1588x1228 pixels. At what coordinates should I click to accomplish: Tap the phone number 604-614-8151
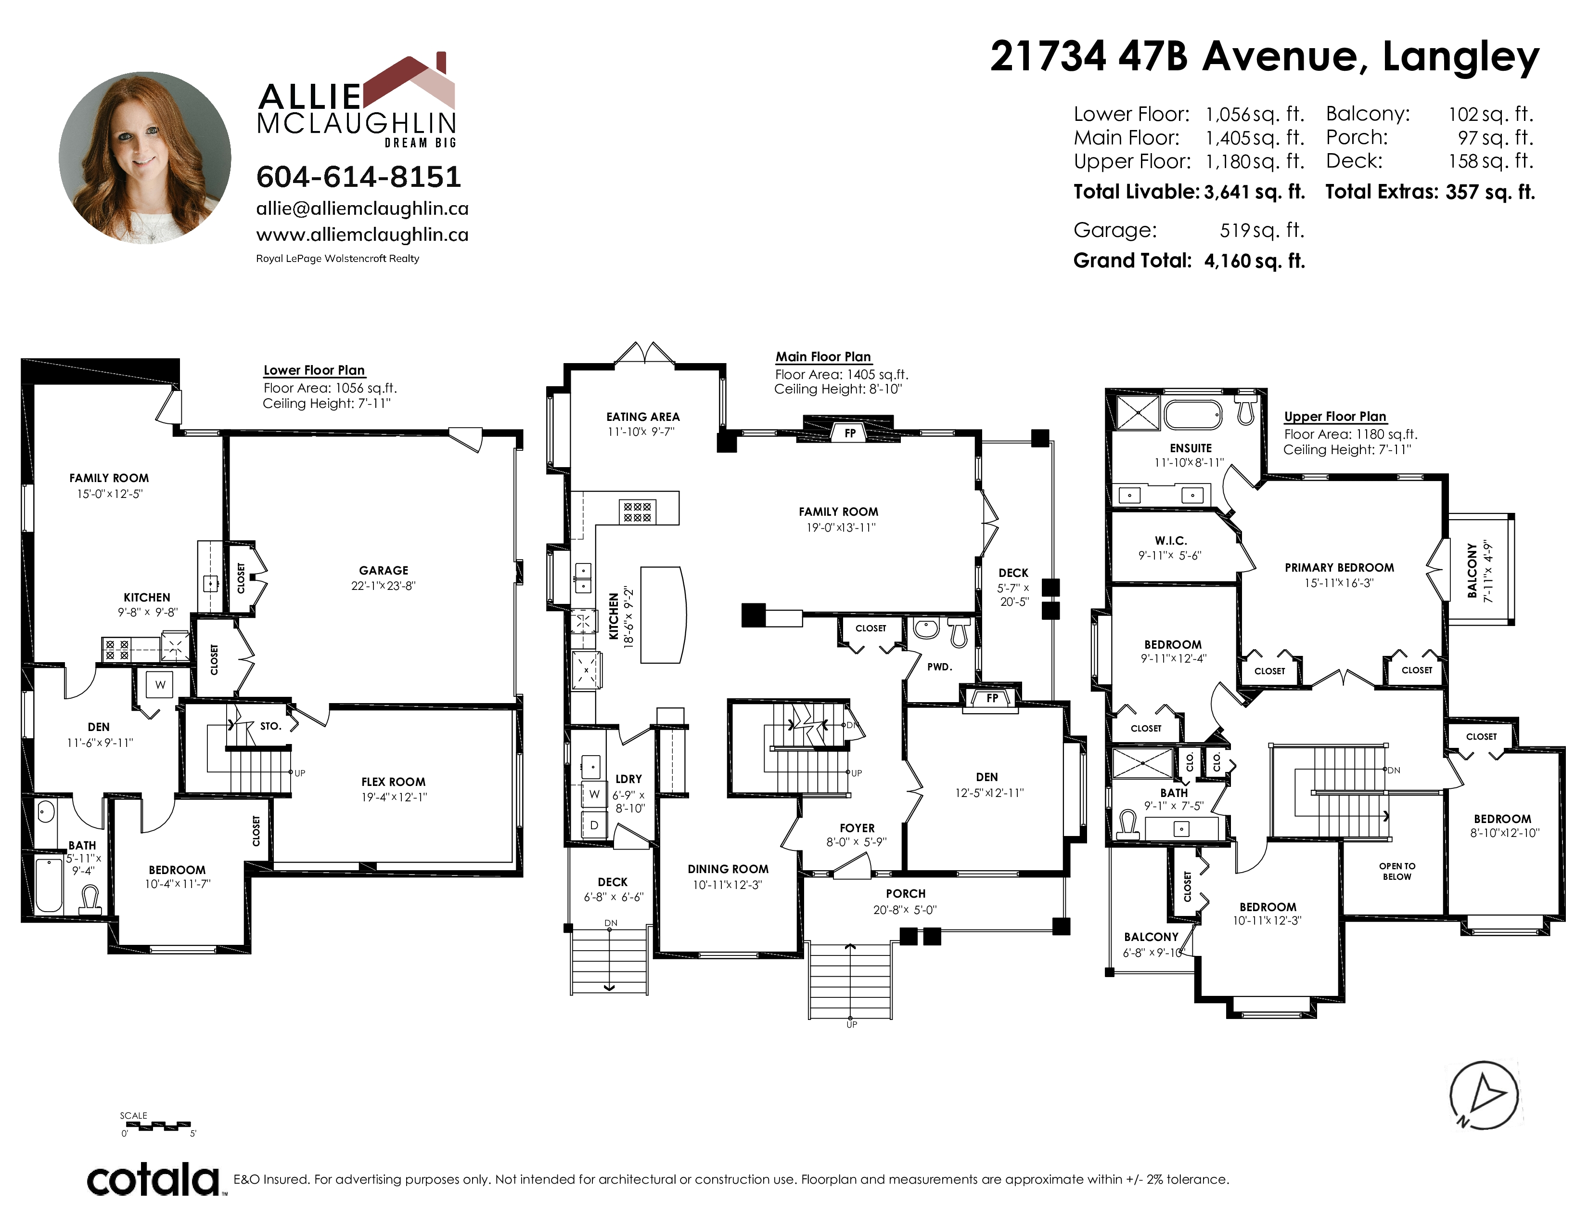359,177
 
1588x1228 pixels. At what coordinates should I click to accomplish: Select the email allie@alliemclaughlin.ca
362,209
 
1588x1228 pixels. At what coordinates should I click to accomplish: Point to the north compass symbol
1483,1095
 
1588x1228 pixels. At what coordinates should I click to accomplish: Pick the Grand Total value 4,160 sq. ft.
1254,261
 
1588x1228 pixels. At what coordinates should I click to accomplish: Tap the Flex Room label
393,782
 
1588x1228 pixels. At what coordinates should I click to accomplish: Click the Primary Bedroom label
1339,567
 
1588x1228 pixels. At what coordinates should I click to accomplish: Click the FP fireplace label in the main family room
850,433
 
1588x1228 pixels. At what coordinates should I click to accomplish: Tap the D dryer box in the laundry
594,825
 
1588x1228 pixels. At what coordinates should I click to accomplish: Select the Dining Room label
728,869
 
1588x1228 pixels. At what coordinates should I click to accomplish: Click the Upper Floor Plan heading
1335,417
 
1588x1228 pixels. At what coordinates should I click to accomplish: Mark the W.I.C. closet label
1171,540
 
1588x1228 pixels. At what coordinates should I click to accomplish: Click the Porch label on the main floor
905,893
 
